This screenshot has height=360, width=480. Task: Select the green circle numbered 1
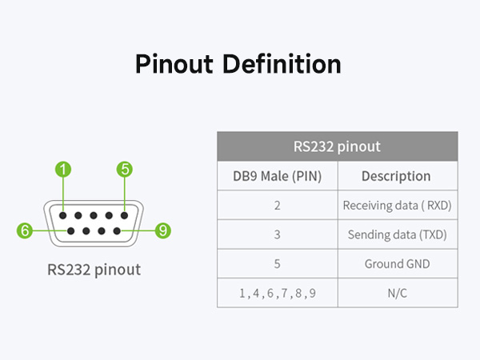[63, 169]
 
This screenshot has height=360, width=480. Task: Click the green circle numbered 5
[125, 169]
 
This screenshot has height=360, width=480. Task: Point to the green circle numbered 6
[26, 230]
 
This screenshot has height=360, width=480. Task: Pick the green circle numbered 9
[162, 230]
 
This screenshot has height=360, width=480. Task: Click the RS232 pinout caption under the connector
[94, 270]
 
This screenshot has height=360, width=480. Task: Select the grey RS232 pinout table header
[337, 146]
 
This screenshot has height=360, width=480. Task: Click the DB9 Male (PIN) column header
[277, 176]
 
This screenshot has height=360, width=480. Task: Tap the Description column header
[396, 176]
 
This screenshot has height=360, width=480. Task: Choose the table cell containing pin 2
[277, 206]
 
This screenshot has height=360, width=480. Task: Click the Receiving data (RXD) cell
[397, 206]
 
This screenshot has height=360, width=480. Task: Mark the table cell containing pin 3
[277, 235]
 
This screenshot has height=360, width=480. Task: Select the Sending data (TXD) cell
[397, 235]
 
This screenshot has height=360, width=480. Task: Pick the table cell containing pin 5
[277, 264]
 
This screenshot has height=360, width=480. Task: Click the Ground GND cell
[397, 264]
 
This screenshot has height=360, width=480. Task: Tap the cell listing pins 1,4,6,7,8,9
[277, 294]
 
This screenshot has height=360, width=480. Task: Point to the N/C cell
[397, 294]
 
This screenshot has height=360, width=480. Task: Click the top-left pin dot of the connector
[63, 215]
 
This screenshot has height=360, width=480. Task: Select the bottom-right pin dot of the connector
[117, 230]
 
